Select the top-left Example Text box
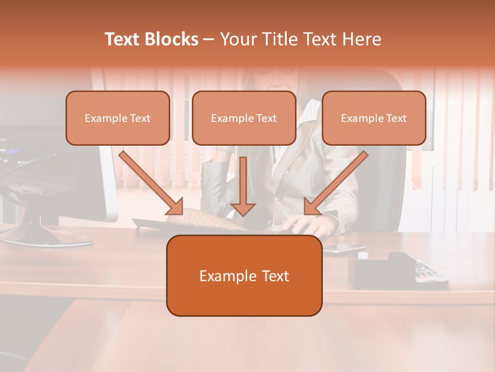coord(118,118)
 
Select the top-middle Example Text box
coord(244,118)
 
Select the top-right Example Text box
coord(374,118)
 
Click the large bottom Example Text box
coord(244,275)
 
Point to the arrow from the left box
coord(151,183)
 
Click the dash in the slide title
coord(209,39)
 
